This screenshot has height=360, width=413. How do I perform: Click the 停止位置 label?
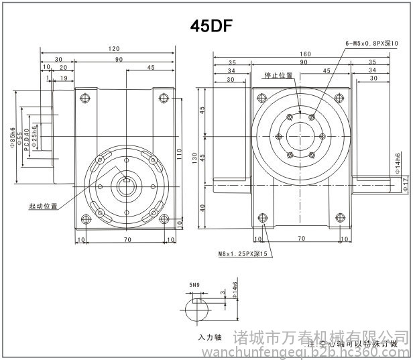click(278, 76)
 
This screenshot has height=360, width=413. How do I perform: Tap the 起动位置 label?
click(43, 206)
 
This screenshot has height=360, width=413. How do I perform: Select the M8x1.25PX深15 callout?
click(243, 254)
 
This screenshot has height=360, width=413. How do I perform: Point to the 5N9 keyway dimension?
click(194, 286)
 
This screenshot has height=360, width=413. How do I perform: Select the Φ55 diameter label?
click(19, 137)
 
